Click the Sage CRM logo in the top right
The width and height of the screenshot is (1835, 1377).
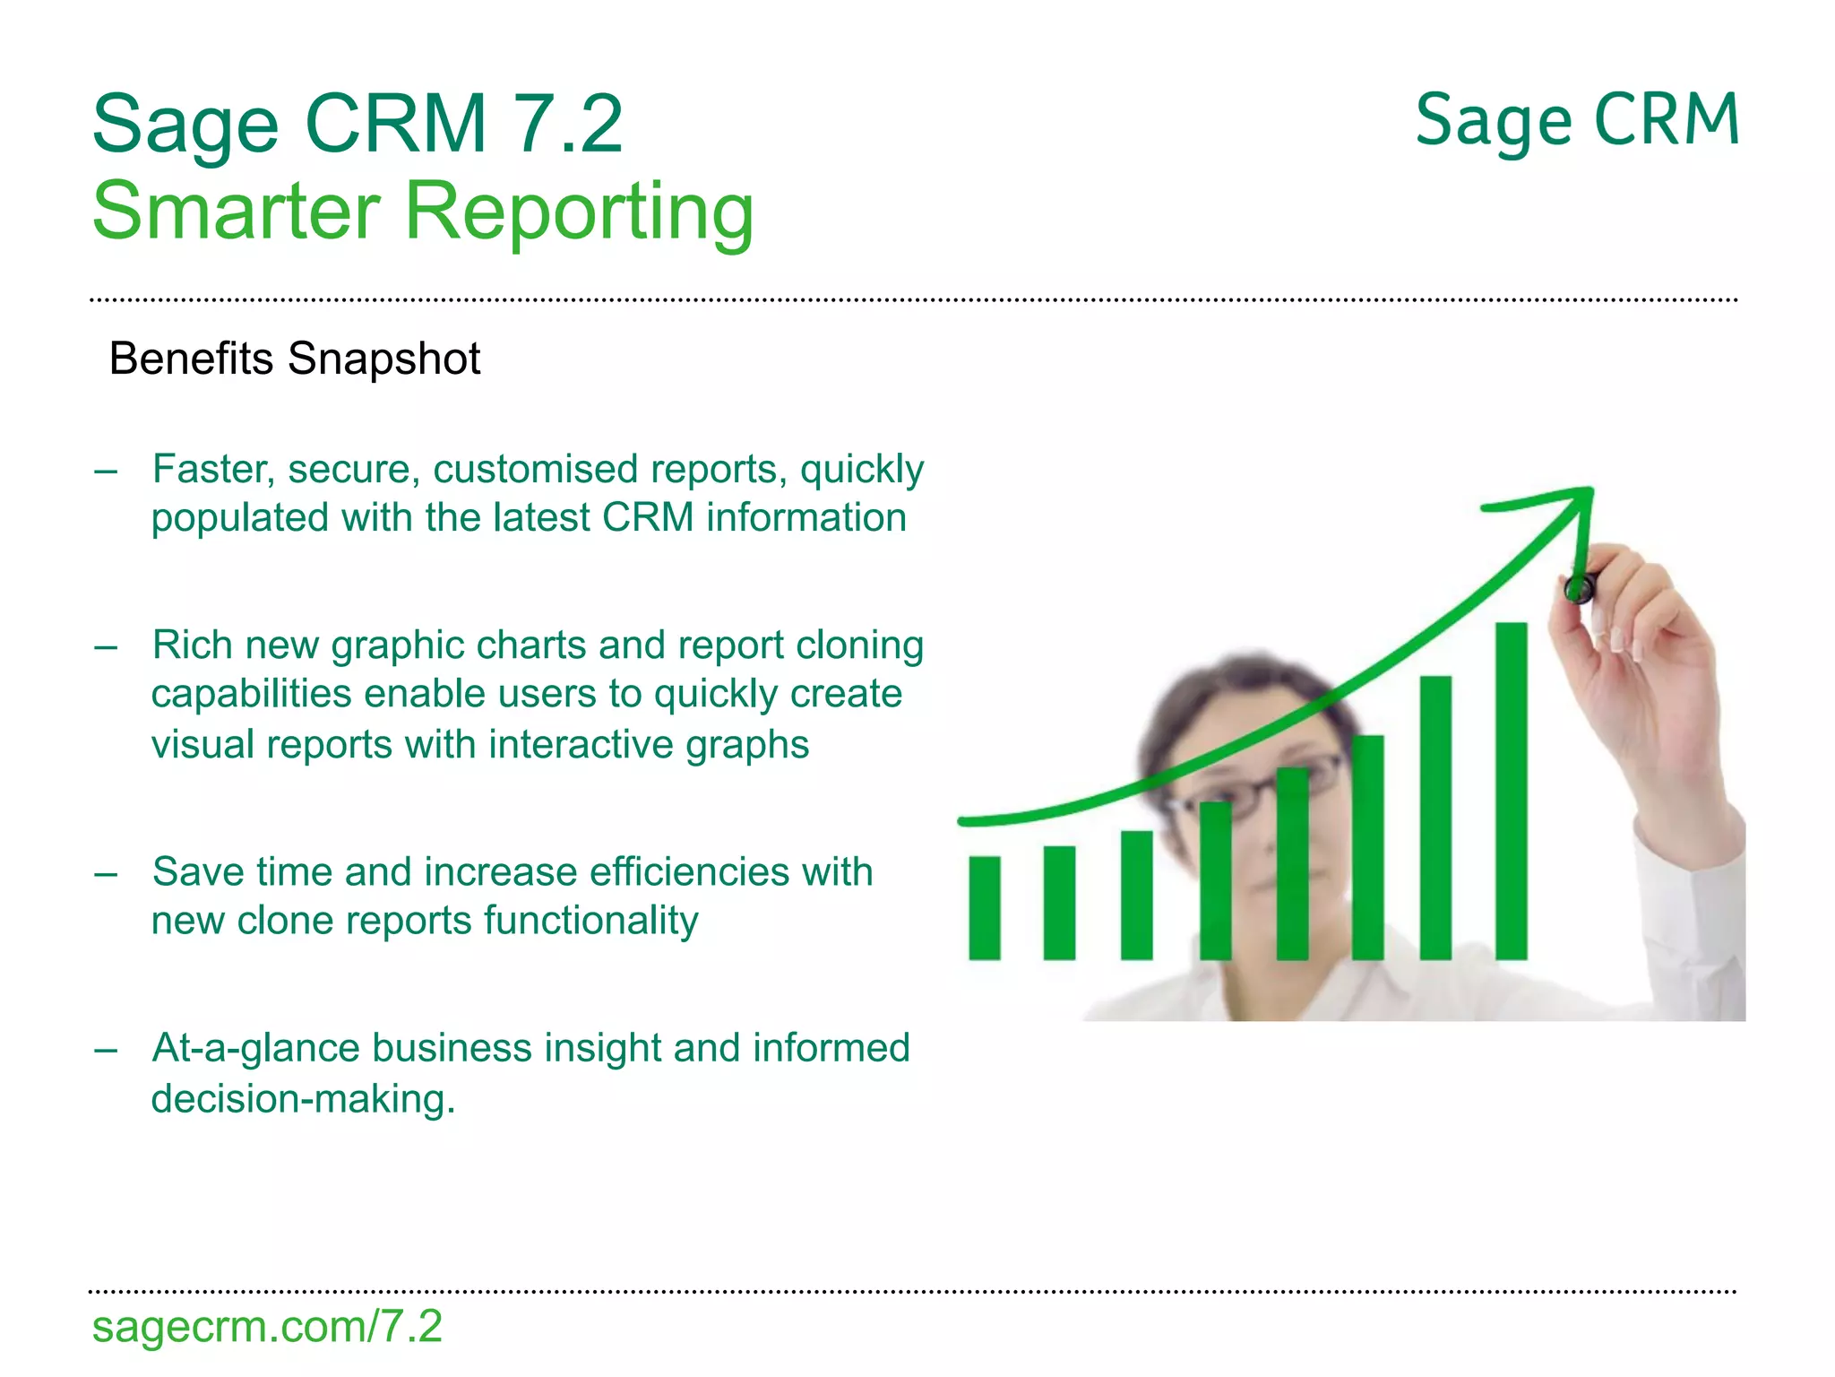tap(1577, 122)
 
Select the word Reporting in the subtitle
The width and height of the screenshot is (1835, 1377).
tap(580, 212)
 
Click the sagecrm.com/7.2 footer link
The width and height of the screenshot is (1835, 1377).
tap(267, 1327)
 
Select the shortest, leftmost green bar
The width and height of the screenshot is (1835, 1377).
tap(984, 907)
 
